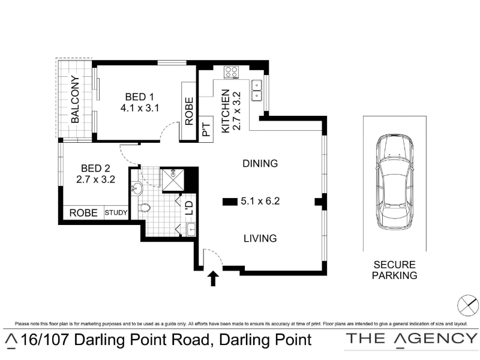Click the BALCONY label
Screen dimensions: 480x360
[75, 100]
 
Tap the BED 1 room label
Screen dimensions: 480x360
[139, 97]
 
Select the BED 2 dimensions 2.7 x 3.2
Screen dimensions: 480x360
[95, 179]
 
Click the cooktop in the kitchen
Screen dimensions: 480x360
[232, 73]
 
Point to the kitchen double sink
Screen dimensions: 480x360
[257, 91]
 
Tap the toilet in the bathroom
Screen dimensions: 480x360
[144, 208]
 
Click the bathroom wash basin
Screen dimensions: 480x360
[137, 188]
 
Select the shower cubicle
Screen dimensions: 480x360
[173, 180]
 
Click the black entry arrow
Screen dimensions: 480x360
[214, 278]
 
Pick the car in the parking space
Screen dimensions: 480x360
[395, 182]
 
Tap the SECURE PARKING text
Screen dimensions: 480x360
[395, 270]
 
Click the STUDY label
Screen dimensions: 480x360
[116, 212]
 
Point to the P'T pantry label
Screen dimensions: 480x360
[206, 129]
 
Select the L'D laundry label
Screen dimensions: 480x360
[190, 208]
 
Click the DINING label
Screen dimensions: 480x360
[260, 163]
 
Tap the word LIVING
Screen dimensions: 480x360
[260, 238]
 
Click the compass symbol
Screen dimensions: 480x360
[468, 305]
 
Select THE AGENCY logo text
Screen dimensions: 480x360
[412, 339]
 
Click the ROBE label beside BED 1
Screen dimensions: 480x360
[189, 111]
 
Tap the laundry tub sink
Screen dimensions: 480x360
[191, 230]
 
